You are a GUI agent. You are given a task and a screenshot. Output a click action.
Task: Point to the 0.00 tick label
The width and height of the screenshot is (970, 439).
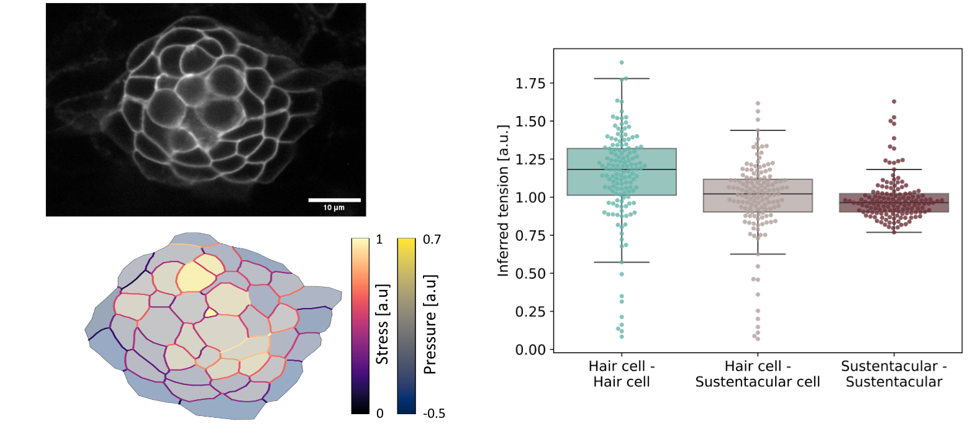coord(531,350)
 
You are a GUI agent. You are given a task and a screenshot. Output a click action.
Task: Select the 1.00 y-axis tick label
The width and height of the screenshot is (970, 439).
coord(531,197)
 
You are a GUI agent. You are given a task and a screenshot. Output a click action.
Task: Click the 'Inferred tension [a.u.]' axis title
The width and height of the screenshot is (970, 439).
coord(504,202)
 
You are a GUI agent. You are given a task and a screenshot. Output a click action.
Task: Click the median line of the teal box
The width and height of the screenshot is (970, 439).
coord(622,169)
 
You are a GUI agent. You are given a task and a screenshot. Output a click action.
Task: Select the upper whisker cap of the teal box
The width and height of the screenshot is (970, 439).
coord(622,79)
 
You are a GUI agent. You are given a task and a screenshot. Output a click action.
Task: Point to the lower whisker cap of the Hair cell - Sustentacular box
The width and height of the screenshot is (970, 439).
coord(758,254)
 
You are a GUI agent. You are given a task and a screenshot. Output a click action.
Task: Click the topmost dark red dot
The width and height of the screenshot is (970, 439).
coord(894,101)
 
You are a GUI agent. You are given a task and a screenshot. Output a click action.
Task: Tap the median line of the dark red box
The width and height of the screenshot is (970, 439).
coord(894,202)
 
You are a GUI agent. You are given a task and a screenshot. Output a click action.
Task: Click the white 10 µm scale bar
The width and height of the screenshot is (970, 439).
coord(334,200)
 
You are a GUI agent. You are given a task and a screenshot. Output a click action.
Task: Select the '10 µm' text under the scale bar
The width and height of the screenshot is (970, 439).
coord(334,208)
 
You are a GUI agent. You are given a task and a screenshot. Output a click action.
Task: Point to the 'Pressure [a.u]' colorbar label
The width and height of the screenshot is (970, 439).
coord(428,324)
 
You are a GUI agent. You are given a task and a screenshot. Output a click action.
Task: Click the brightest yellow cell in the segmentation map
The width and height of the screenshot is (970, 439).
coord(200,273)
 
